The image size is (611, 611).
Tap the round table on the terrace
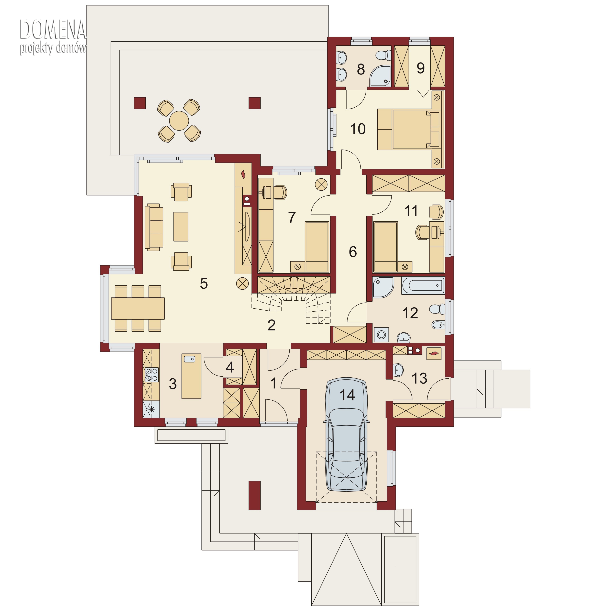(x=179, y=121)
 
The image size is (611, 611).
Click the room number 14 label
(x=347, y=395)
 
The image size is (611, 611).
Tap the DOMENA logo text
(x=53, y=29)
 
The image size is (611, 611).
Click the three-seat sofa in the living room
(x=154, y=227)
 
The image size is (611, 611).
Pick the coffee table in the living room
(x=181, y=226)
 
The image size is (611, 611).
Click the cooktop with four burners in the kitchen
(x=152, y=375)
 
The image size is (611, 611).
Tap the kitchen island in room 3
(x=191, y=376)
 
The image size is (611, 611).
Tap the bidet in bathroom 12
(x=439, y=324)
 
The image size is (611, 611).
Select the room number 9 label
(x=421, y=68)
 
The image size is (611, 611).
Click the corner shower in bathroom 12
(x=383, y=287)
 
